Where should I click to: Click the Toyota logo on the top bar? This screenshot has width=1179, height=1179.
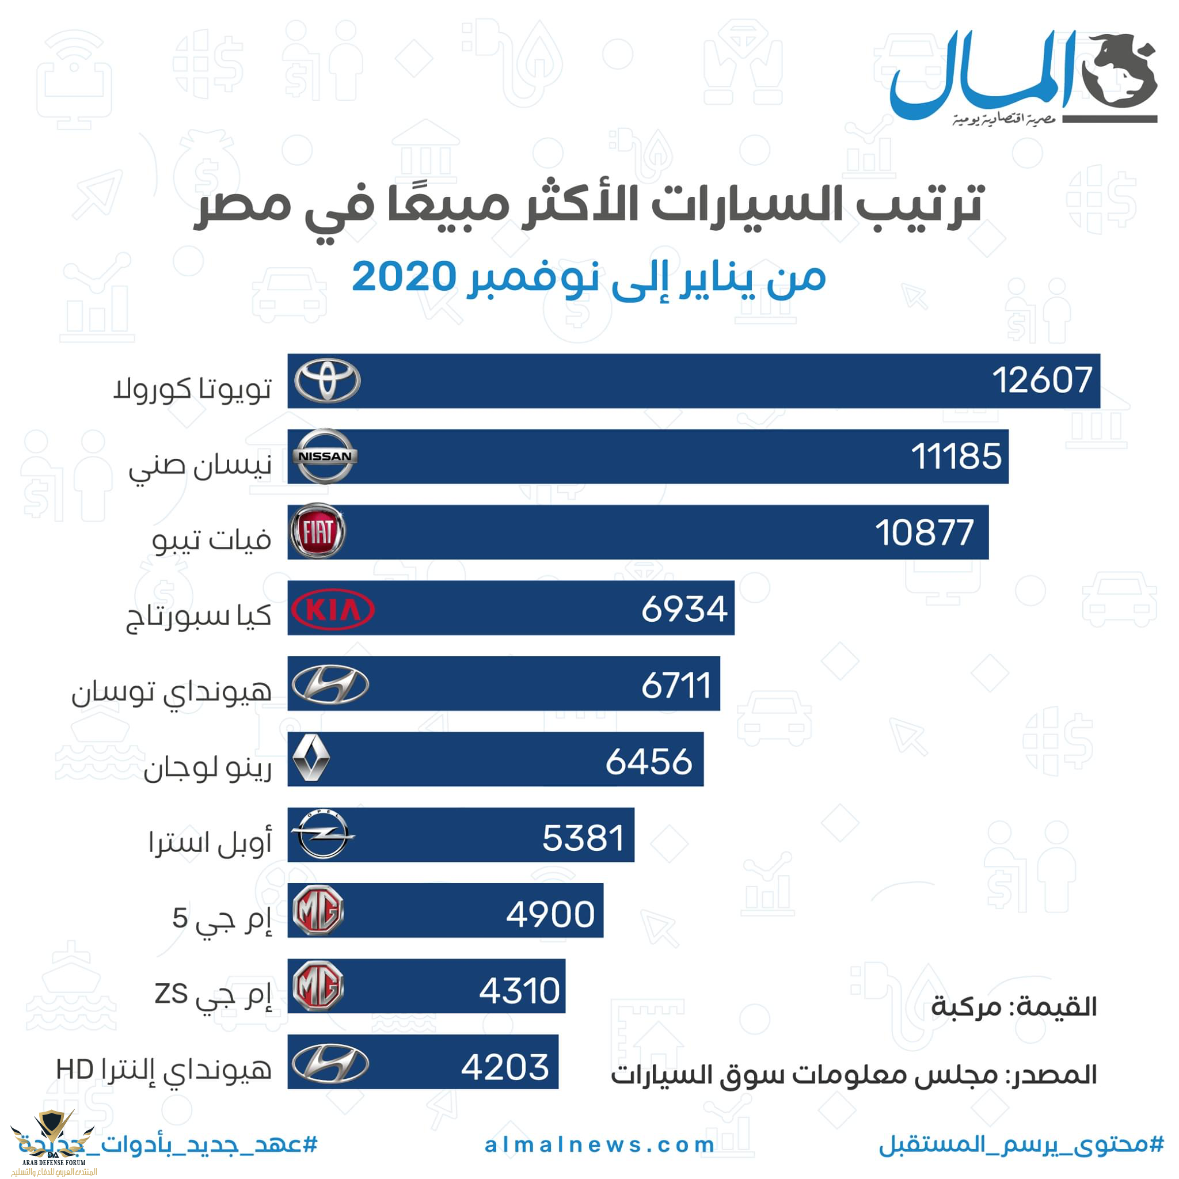click(x=327, y=381)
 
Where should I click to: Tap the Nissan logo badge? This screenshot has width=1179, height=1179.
click(x=325, y=457)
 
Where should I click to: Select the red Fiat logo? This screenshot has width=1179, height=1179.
click(x=317, y=531)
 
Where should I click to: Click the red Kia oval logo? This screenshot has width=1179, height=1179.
click(x=333, y=608)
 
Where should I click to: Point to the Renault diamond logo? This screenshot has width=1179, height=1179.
click(x=312, y=759)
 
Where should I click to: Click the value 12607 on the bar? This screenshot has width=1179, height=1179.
click(x=1041, y=381)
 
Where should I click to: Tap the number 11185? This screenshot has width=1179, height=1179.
click(x=956, y=457)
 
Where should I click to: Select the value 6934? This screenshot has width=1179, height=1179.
click(x=684, y=608)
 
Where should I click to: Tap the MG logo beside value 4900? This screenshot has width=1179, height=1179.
click(x=318, y=911)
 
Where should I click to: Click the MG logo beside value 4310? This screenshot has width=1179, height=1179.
click(x=318, y=987)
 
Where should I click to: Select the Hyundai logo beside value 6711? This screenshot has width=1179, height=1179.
click(x=330, y=684)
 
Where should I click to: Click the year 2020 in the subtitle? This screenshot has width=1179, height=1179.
click(x=404, y=276)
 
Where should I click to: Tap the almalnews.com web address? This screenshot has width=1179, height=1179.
click(x=599, y=1145)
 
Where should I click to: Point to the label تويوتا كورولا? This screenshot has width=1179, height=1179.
click(x=192, y=388)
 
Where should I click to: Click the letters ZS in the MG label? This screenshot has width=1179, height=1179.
click(x=171, y=994)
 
